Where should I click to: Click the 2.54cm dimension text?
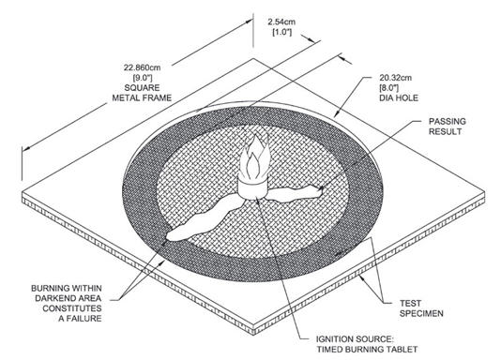click(x=281, y=22)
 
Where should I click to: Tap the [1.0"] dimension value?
click(x=281, y=32)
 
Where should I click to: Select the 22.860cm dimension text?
click(x=142, y=67)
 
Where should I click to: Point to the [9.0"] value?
click(x=143, y=78)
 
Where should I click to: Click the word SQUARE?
click(x=143, y=87)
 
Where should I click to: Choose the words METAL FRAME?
click(x=142, y=97)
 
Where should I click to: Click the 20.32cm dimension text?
click(x=396, y=78)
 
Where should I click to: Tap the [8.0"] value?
click(x=389, y=87)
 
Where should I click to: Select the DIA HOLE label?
click(x=399, y=97)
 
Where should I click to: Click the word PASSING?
click(x=447, y=121)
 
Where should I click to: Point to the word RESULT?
click(x=445, y=131)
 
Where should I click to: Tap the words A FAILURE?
click(x=80, y=318)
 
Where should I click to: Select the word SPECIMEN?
click(x=421, y=313)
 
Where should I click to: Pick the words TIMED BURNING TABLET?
click(x=367, y=349)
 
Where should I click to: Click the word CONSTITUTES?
click(x=72, y=308)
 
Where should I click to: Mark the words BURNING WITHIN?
click(x=67, y=288)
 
